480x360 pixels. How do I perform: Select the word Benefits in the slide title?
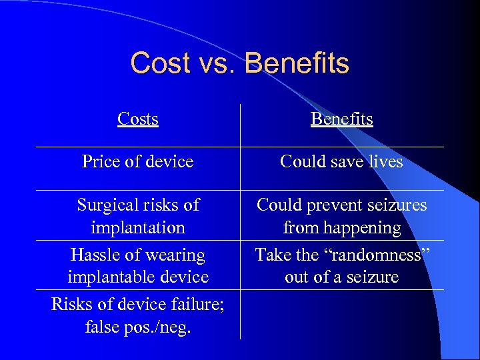tap(297, 63)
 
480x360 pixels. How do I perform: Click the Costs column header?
tap(137, 119)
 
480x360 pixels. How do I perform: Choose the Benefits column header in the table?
tap(341, 119)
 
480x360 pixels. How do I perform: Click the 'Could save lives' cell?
tap(341, 161)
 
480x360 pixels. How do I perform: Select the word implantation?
tap(138, 227)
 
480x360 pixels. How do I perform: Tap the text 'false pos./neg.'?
tap(137, 327)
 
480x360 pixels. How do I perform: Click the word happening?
tap(361, 227)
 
